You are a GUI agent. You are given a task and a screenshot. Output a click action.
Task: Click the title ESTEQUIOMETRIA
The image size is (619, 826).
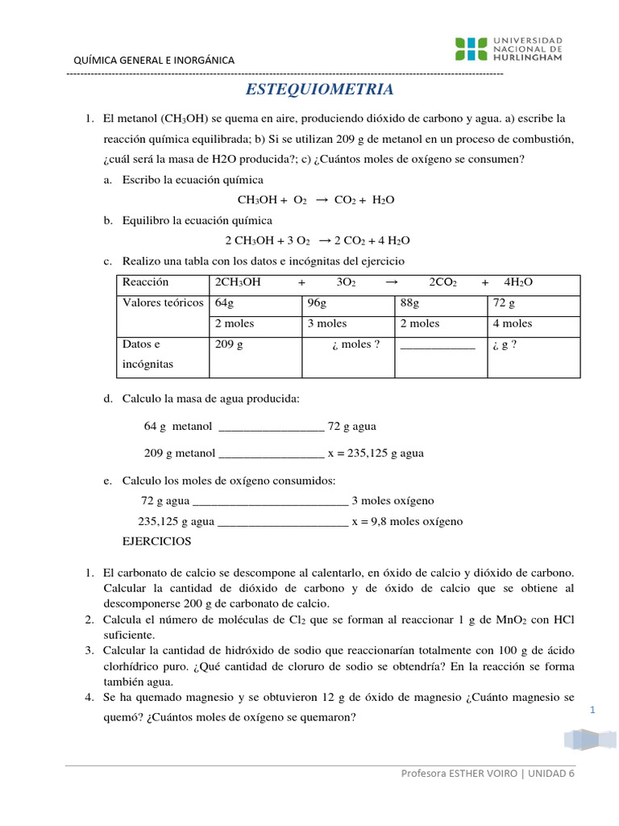(x=318, y=89)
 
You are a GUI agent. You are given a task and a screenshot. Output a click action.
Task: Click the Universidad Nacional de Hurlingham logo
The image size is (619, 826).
(x=509, y=48)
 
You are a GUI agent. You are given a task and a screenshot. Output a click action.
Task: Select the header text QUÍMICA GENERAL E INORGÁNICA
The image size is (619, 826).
(x=154, y=60)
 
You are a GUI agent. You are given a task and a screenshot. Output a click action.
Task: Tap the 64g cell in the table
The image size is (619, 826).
(x=224, y=303)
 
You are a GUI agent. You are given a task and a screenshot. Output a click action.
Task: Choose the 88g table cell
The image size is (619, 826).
(x=409, y=303)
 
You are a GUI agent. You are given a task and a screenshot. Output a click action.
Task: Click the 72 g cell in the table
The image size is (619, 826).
(x=503, y=303)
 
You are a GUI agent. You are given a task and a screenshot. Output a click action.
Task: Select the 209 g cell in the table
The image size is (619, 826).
(x=229, y=344)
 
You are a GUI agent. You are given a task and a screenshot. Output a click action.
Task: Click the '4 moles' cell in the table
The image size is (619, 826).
(x=512, y=323)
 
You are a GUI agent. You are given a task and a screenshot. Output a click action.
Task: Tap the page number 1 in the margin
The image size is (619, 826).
(x=592, y=710)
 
